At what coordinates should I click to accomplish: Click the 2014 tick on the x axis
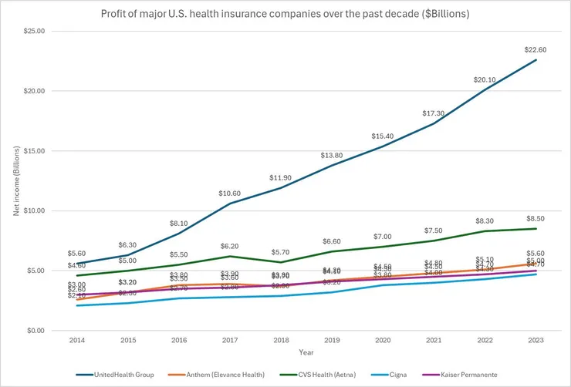(76, 340)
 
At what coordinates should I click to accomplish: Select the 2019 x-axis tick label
(331, 340)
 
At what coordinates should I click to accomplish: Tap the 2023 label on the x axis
(536, 340)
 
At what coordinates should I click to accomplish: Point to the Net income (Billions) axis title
(16, 180)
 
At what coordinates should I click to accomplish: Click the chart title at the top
(285, 13)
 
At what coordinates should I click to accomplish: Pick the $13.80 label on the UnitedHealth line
(331, 156)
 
